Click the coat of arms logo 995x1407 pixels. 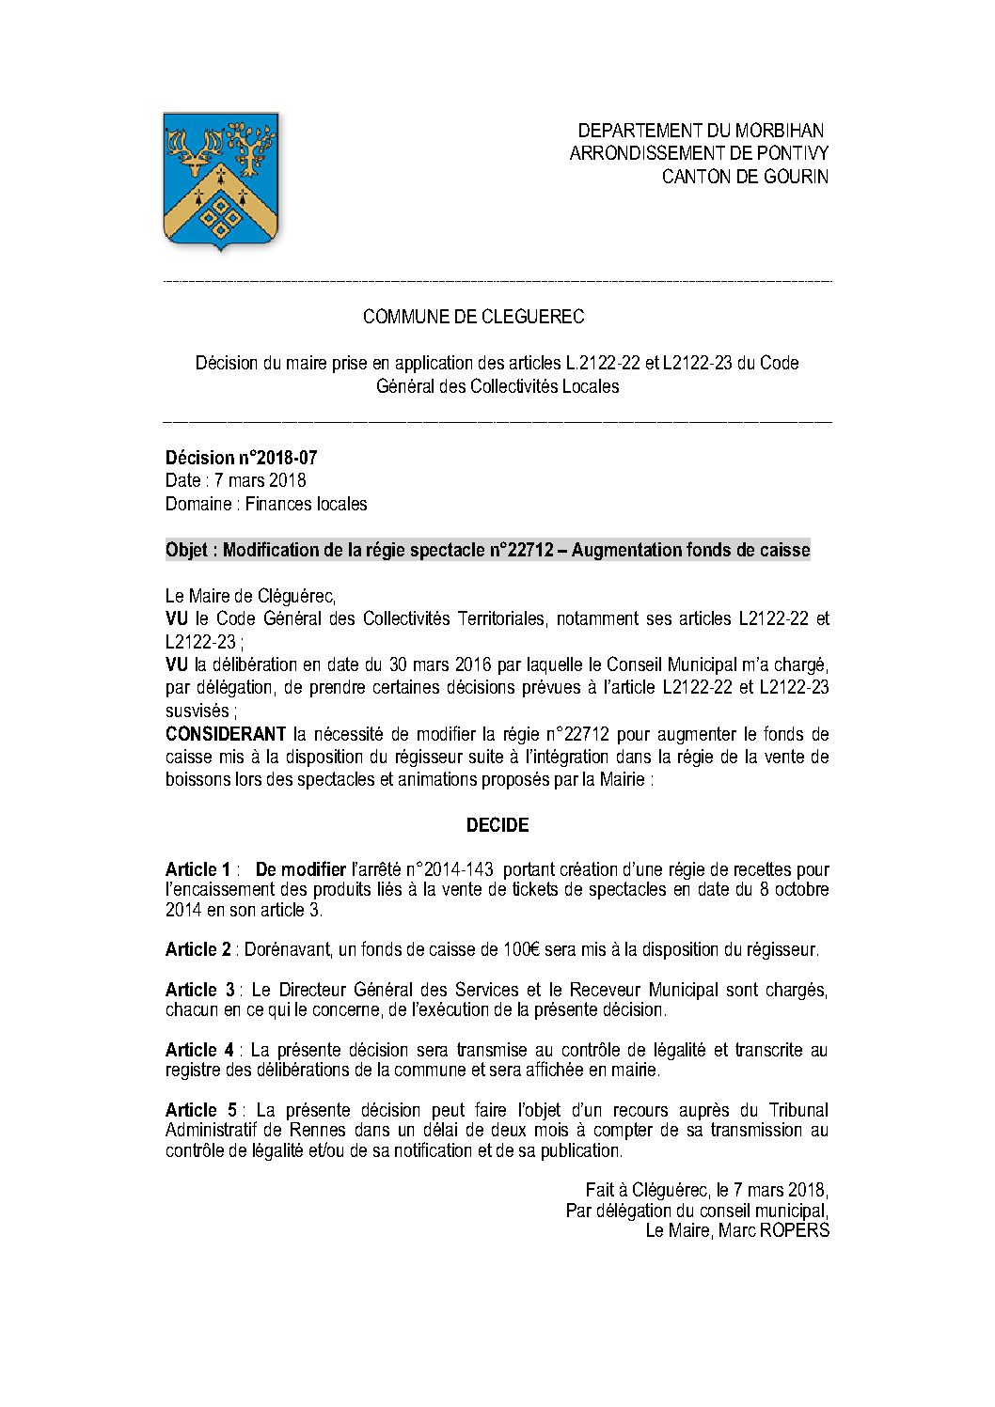[x=221, y=180]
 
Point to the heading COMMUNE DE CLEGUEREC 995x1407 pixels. [x=473, y=317]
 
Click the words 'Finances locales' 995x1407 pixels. [x=306, y=504]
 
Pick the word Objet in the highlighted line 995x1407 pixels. [x=187, y=550]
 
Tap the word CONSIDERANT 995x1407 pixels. [x=225, y=733]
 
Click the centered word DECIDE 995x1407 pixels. [x=497, y=825]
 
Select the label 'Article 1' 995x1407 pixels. [x=197, y=869]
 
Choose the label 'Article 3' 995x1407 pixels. [x=200, y=990]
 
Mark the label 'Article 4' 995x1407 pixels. [x=200, y=1050]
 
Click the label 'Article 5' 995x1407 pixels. [x=200, y=1110]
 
